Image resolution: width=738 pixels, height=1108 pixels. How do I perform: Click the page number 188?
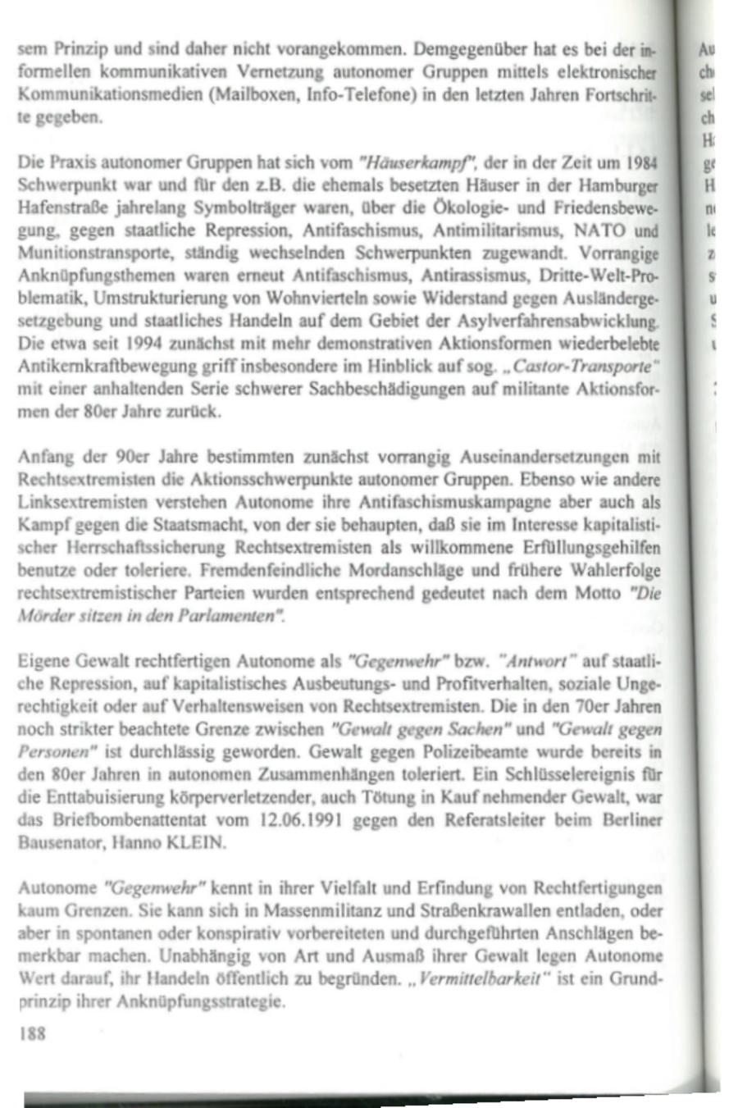pyautogui.click(x=32, y=1033)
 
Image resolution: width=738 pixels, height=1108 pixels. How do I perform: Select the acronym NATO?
pyautogui.click(x=602, y=230)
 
